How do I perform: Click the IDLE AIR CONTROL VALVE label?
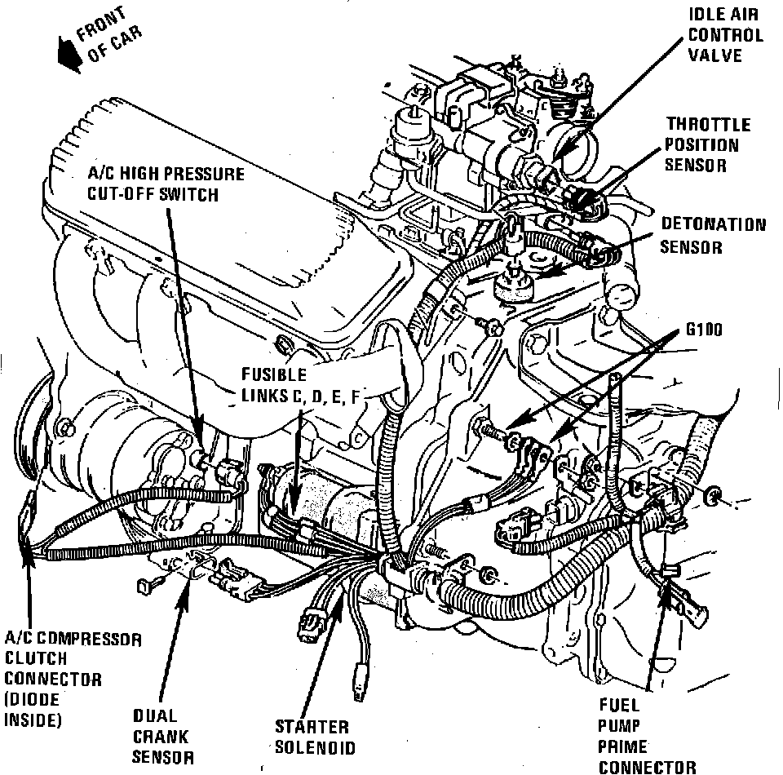[725, 35]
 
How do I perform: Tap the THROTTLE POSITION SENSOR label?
[707, 144]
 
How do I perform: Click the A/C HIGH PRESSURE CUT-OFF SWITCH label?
[166, 184]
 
